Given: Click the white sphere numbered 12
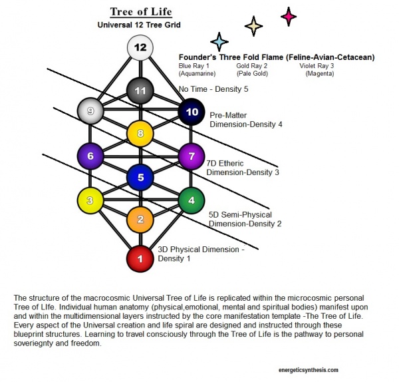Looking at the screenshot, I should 140,48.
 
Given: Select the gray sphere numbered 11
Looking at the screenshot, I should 140,90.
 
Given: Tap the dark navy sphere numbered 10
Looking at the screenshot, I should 192,112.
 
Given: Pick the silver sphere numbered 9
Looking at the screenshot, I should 90,110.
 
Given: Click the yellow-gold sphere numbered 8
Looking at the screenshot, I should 140,134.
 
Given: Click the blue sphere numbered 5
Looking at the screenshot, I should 140,177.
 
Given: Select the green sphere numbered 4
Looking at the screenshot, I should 191,200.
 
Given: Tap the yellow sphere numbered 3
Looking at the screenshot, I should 90,200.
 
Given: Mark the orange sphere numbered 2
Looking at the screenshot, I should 140,220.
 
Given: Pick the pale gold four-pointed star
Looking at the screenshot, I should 253,26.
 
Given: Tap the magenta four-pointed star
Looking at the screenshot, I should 289,16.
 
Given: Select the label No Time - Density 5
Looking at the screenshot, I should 213,89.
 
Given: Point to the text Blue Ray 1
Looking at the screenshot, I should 194,66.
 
